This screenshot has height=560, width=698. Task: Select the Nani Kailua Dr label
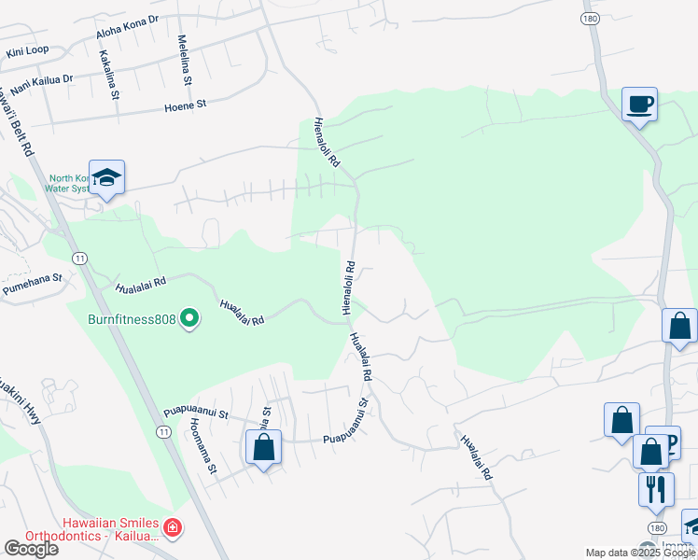click(x=40, y=80)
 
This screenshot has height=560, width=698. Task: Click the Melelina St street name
click(x=184, y=62)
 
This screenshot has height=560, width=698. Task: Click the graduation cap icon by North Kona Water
click(x=107, y=178)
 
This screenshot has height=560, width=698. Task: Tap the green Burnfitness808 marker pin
click(x=190, y=320)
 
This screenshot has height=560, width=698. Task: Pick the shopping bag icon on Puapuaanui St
click(x=264, y=446)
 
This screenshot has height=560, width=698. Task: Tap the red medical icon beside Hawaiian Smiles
click(x=173, y=529)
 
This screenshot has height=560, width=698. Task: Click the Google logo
click(x=31, y=549)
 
